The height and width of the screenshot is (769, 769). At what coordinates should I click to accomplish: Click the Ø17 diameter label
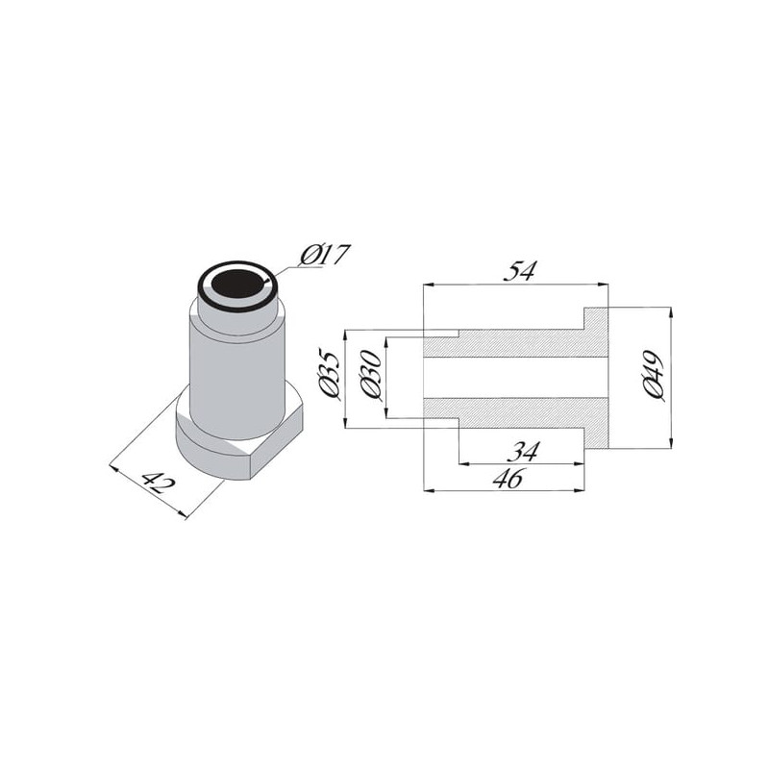point(325,255)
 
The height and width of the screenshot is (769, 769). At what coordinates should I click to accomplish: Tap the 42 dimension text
point(158,484)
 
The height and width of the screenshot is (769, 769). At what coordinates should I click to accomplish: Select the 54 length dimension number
point(520,271)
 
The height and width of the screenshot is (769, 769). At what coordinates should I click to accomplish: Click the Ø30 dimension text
point(370,374)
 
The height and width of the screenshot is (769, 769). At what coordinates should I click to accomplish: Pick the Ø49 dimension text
point(654,376)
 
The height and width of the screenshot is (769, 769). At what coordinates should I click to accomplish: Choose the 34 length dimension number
point(524,451)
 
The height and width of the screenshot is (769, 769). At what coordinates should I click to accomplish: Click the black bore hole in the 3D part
point(238,284)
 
